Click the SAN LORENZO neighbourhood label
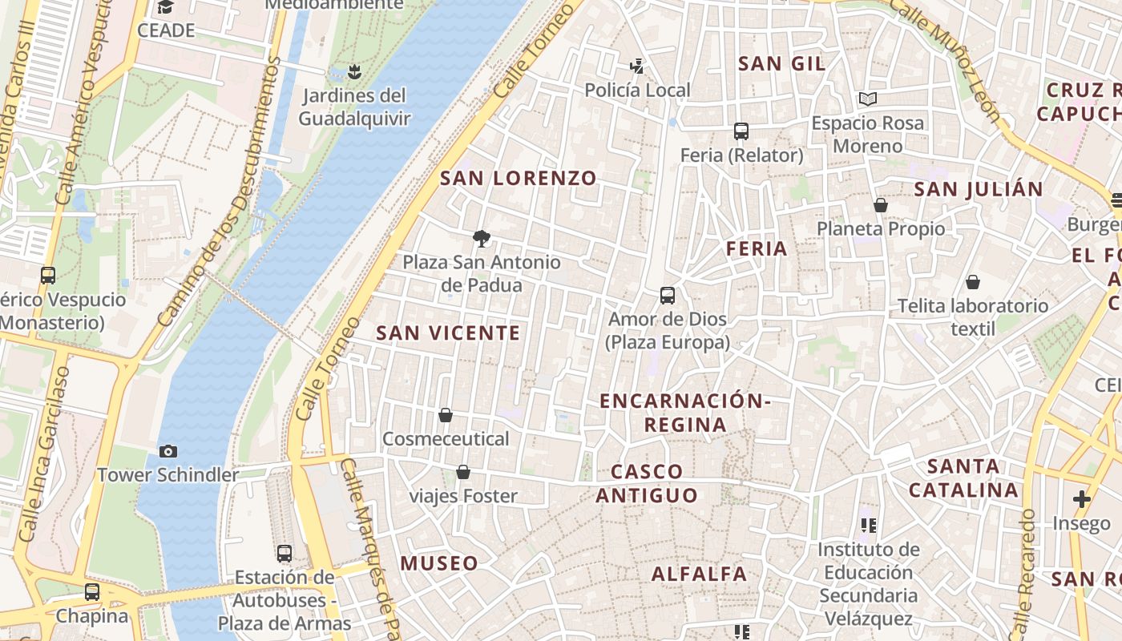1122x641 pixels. point(519,178)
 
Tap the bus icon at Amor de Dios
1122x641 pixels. point(668,296)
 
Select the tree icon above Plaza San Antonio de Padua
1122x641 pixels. point(481,238)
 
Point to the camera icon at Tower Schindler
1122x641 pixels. point(167,451)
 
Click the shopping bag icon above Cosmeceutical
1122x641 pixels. point(446,415)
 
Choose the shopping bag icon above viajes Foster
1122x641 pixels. point(463,472)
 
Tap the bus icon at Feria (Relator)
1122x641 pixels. point(741,131)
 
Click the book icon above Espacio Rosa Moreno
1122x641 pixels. point(867,99)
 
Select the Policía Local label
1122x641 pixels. point(637,90)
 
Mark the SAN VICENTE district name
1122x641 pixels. point(448,333)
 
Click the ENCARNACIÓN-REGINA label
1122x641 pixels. point(686,412)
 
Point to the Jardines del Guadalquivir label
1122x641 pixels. point(354,107)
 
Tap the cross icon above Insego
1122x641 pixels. point(1082,499)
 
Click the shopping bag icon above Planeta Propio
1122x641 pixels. point(881,205)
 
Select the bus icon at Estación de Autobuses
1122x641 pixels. point(285,553)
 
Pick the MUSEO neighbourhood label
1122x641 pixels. point(439,563)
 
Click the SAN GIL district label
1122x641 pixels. point(781,63)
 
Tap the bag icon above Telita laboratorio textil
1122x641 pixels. point(972,282)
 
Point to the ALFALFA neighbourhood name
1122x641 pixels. point(699,574)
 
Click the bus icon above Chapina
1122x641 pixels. point(92,592)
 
